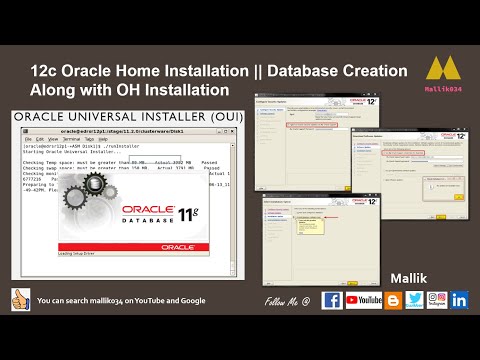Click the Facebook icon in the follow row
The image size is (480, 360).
tap(332, 299)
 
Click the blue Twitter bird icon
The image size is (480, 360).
tap(414, 299)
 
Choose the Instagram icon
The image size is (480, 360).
tap(436, 299)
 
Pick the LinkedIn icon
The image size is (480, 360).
tap(459, 299)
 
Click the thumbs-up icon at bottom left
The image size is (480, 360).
tap(18, 298)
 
